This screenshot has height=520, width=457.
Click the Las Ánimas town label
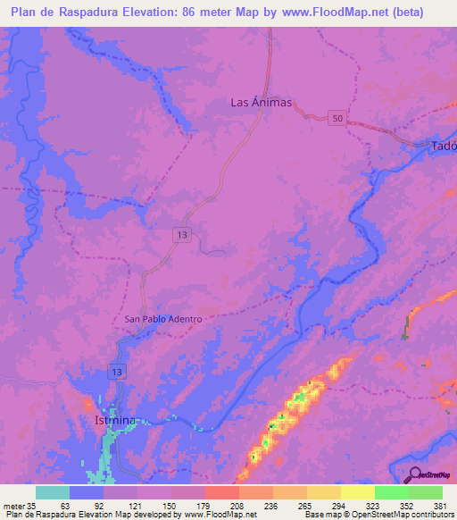point(262,103)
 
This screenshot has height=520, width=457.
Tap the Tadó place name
point(444,146)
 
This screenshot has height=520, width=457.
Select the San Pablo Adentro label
point(164,319)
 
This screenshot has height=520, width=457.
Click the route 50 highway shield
point(337,119)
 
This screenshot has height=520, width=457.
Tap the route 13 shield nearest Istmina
point(118,371)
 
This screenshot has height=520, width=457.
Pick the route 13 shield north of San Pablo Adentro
point(182,234)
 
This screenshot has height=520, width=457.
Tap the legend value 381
point(439,504)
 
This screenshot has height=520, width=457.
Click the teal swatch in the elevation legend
point(53,492)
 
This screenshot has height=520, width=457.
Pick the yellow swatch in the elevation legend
point(357,492)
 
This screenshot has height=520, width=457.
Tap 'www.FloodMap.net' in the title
point(329,13)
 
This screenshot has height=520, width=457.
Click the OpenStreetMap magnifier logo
point(416,474)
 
